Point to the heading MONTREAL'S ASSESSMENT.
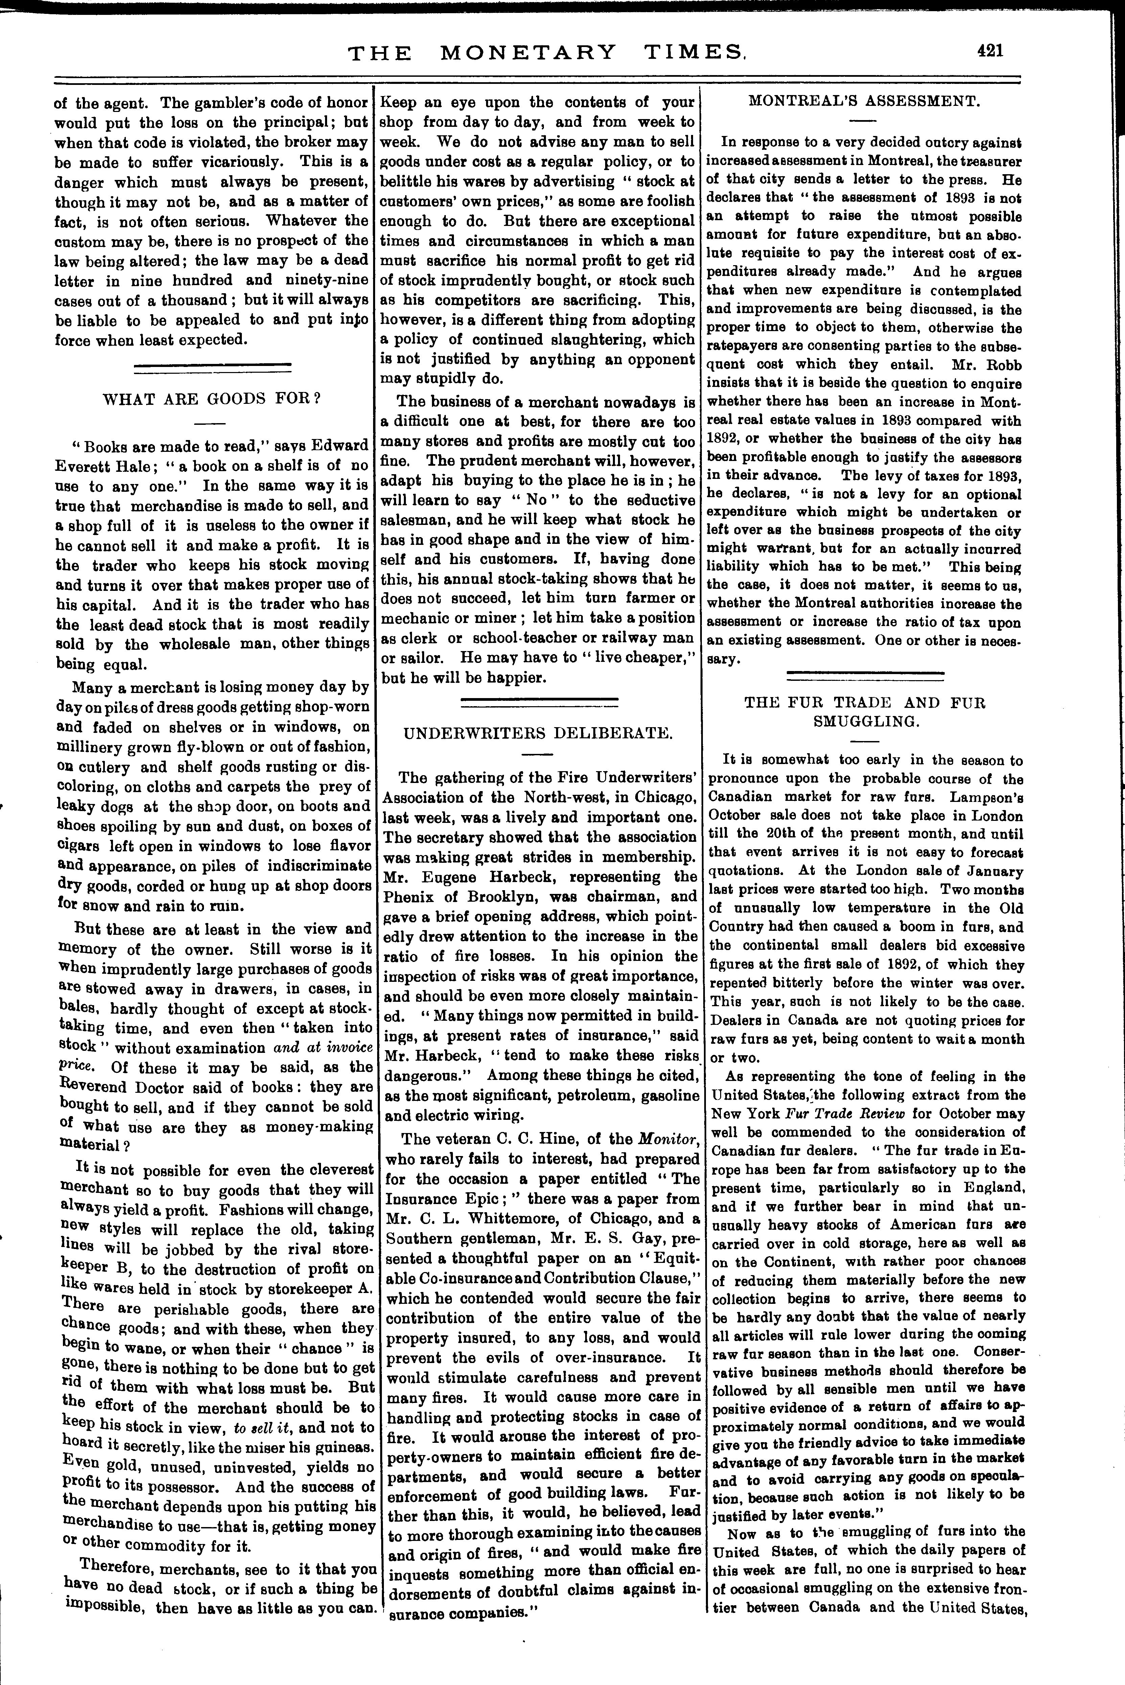(865, 101)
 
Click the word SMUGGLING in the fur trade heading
(866, 722)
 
